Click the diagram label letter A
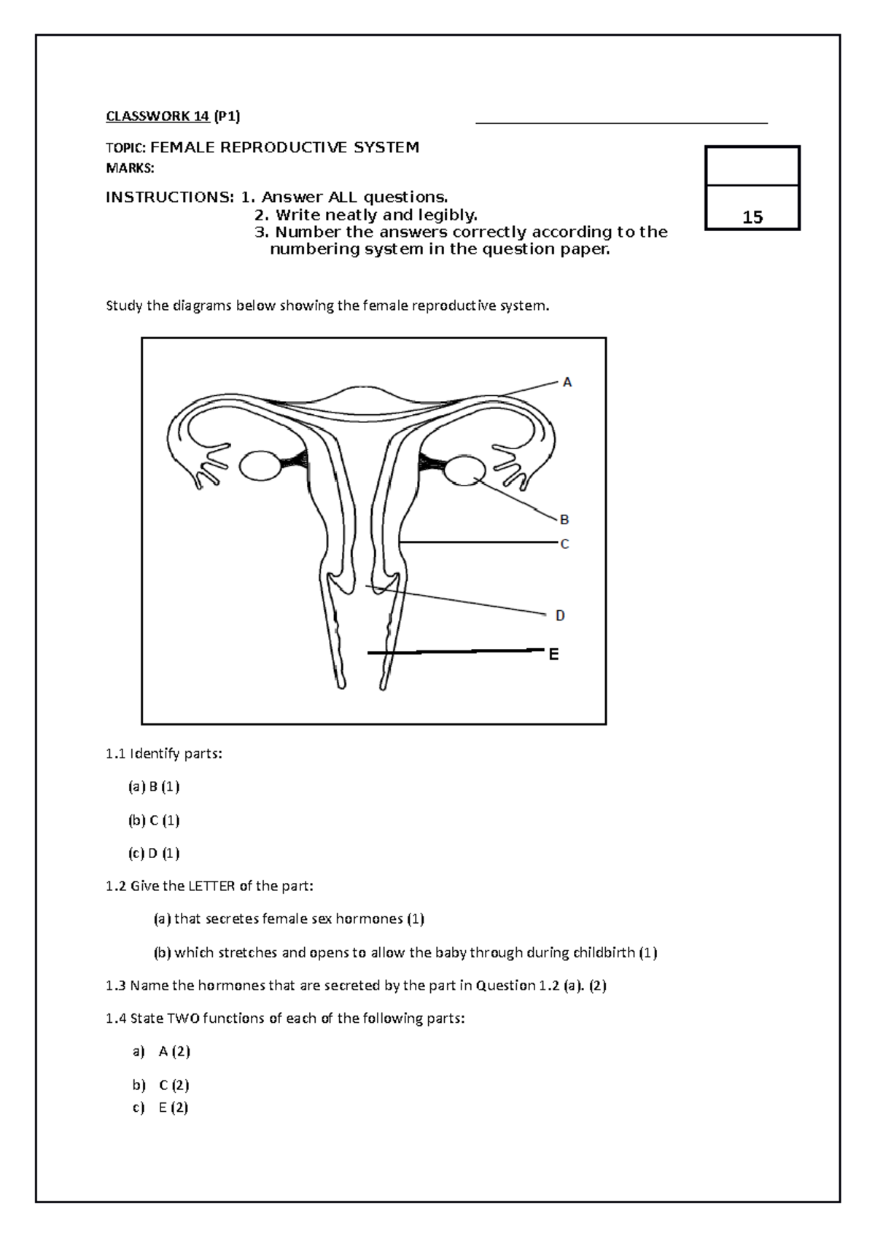pyautogui.click(x=567, y=382)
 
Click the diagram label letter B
pyautogui.click(x=564, y=520)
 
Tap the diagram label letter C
pyautogui.click(x=564, y=544)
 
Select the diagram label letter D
pyautogui.click(x=560, y=615)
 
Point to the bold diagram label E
pyautogui.click(x=553, y=655)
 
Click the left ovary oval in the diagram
pyautogui.click(x=260, y=466)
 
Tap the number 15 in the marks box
pyautogui.click(x=752, y=217)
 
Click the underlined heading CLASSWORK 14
pyautogui.click(x=157, y=116)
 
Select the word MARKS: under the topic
pyautogui.click(x=130, y=169)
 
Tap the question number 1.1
pyautogui.click(x=116, y=754)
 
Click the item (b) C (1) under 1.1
pyautogui.click(x=154, y=820)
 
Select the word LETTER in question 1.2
pyautogui.click(x=211, y=887)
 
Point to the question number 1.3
pyautogui.click(x=116, y=986)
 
